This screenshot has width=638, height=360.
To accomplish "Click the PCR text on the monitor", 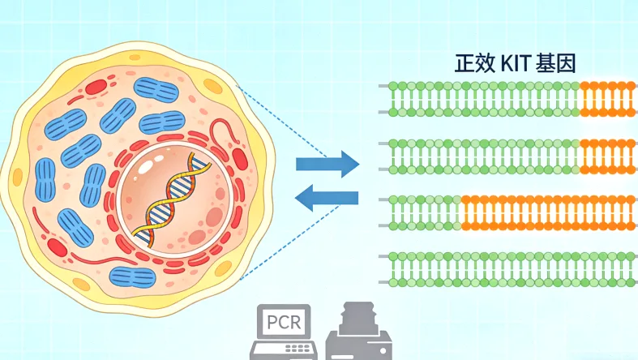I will tap(284, 323).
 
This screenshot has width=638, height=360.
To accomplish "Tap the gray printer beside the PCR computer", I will tap(359, 335).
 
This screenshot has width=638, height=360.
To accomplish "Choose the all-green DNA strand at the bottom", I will tap(512, 268).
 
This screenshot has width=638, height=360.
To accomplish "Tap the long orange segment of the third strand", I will tap(548, 212).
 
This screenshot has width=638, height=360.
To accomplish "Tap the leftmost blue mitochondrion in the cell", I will tap(44, 178).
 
